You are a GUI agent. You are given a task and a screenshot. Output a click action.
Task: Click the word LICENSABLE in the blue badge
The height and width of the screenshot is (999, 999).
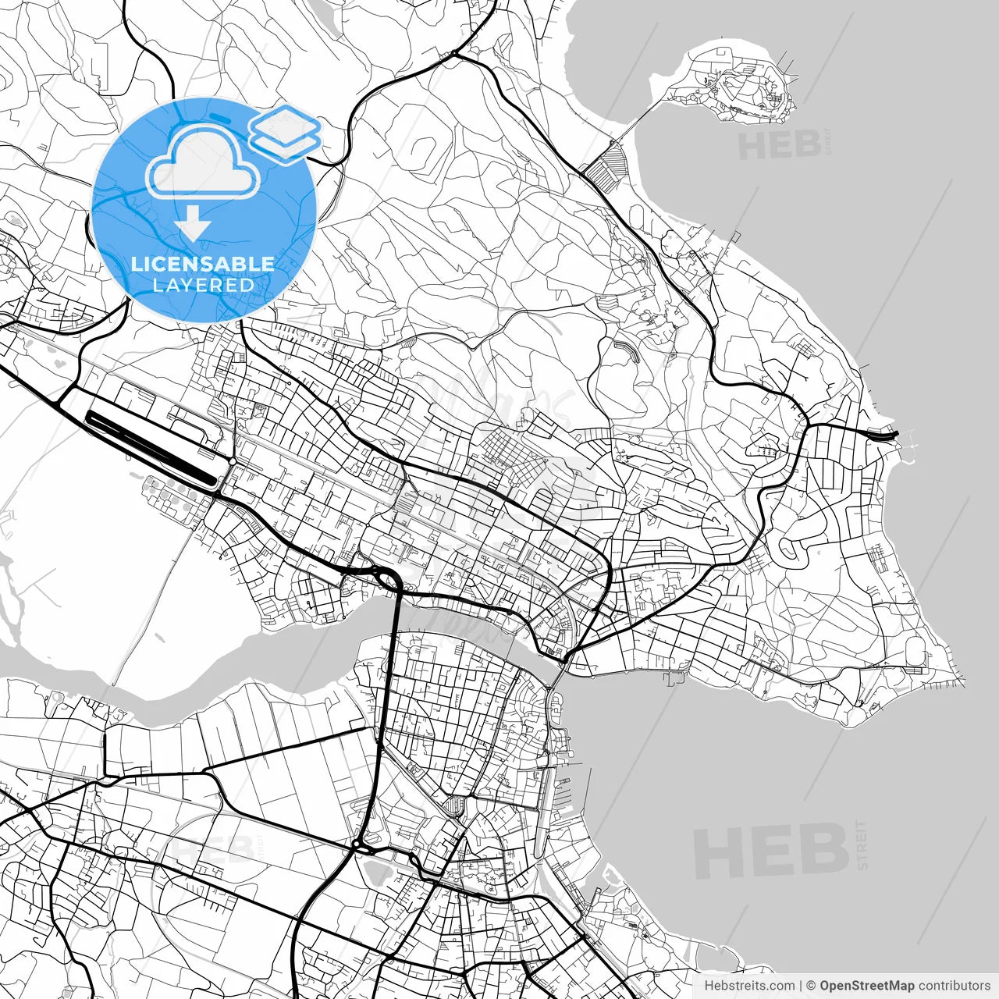pos(203,264)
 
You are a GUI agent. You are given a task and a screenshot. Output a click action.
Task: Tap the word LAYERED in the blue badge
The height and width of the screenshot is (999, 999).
pos(203,285)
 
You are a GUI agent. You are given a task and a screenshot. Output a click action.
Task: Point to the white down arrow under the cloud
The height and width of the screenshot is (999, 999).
pos(192,226)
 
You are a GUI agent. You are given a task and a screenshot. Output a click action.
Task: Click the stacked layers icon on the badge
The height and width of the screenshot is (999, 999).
pos(286,131)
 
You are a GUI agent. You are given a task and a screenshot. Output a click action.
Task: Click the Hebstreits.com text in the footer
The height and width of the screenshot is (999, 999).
pos(749,986)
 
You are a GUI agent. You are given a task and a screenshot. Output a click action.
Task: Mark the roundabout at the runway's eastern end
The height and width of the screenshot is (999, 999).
pos(233,462)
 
